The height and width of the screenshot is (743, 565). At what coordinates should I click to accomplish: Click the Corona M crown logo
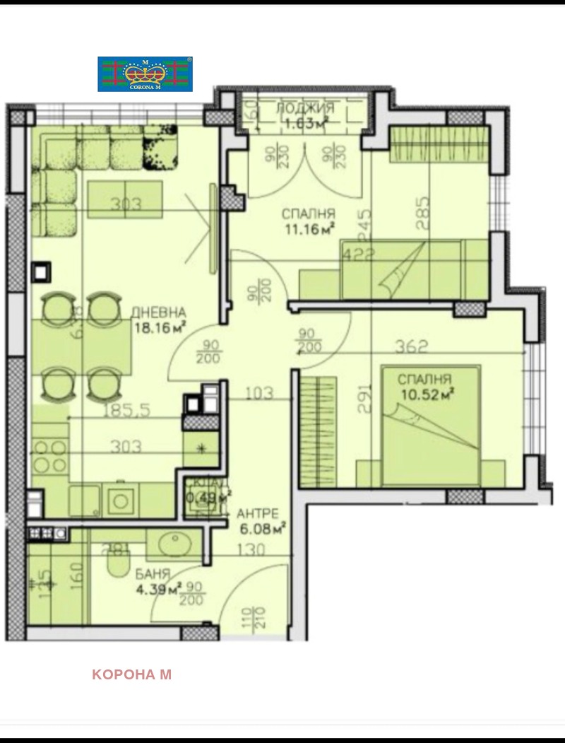pos(145,74)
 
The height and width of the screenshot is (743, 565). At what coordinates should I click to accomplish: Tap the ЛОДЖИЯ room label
pos(304,108)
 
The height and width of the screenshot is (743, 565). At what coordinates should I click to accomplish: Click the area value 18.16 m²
pos(159,326)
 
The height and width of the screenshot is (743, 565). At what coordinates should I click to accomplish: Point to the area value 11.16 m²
pos(308,228)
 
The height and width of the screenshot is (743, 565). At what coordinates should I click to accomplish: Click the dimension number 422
pos(357,256)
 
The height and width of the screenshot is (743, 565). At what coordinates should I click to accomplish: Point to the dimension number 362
pos(412,346)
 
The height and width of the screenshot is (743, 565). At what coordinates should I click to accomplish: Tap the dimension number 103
pos(259,393)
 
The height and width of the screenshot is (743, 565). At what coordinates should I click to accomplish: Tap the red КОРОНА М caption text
pos(131,674)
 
